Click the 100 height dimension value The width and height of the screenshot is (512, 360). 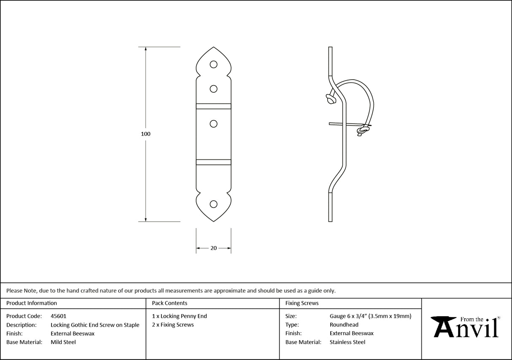(146, 134)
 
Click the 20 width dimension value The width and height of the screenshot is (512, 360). (213, 248)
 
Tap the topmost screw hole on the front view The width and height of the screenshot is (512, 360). (214, 64)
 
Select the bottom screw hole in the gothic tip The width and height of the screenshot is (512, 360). (214, 204)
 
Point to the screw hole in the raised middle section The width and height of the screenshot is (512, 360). (214, 124)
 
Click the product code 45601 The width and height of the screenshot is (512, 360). (58, 316)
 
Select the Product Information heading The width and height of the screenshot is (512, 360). (32, 303)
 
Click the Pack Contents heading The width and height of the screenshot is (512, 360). (170, 303)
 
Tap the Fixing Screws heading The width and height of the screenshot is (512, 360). (302, 303)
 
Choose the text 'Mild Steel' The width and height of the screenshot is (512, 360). (63, 342)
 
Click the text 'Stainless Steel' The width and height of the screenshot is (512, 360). (348, 342)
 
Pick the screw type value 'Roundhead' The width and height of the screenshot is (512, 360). (344, 325)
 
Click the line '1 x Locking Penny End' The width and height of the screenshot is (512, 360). (180, 316)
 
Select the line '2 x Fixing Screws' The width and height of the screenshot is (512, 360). (173, 325)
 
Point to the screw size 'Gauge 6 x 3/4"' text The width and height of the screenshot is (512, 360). (348, 316)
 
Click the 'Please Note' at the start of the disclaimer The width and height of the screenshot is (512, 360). (21, 290)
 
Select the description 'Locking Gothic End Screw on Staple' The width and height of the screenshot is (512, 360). (95, 325)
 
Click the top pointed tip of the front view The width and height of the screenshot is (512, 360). (214, 48)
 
